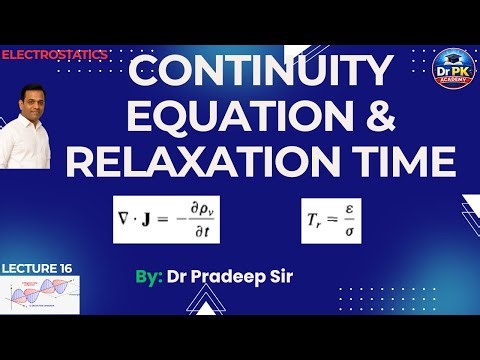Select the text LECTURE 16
click(37, 269)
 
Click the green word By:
click(149, 275)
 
